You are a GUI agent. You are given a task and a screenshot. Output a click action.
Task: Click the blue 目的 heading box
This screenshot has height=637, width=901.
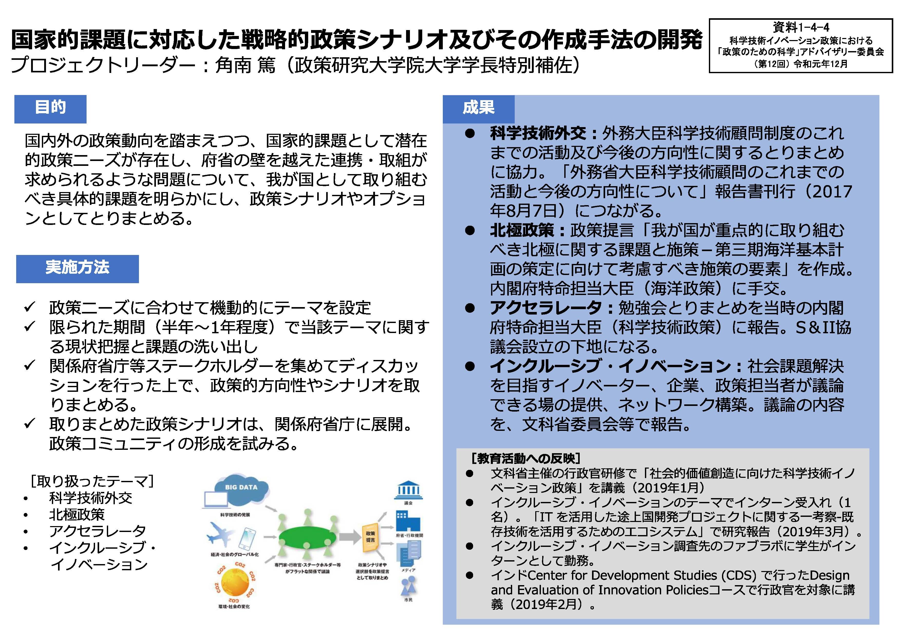(x=50, y=109)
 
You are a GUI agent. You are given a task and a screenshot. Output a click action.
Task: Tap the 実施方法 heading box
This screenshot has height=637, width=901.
(x=77, y=269)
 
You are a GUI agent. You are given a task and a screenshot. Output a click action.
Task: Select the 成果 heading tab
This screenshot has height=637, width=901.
(x=478, y=109)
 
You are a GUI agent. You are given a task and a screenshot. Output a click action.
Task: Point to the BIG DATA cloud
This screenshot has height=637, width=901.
(x=242, y=491)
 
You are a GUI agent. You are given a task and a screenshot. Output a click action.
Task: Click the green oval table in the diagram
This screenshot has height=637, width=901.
(x=307, y=536)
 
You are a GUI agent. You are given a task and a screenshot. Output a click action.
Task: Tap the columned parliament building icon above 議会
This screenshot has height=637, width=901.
(x=408, y=490)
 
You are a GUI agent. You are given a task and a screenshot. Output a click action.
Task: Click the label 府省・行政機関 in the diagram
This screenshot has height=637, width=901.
(x=409, y=535)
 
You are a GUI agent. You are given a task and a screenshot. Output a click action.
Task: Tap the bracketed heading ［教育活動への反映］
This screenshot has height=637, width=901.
(x=526, y=458)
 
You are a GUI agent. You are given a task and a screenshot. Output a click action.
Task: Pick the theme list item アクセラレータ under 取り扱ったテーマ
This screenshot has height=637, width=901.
(x=97, y=531)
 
